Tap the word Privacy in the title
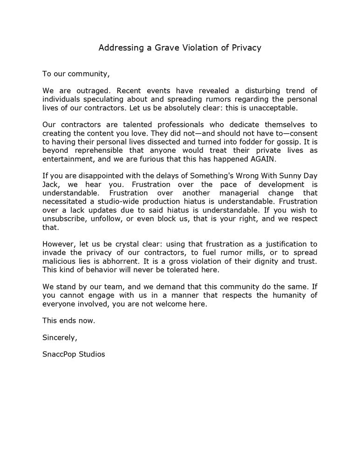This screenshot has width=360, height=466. pyautogui.click(x=246, y=48)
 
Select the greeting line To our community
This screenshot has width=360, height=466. pyautogui.click(x=76, y=74)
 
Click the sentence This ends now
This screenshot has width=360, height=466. pyautogui.click(x=68, y=321)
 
